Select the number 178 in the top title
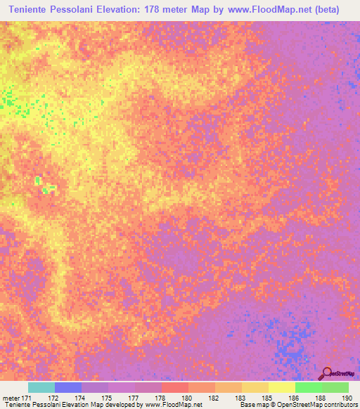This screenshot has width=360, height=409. (172, 10)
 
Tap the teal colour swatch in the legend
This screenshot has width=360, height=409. (41, 387)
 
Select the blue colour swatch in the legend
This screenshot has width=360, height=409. (68, 387)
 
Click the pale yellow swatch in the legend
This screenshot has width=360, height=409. (282, 387)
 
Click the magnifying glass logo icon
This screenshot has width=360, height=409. (326, 372)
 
